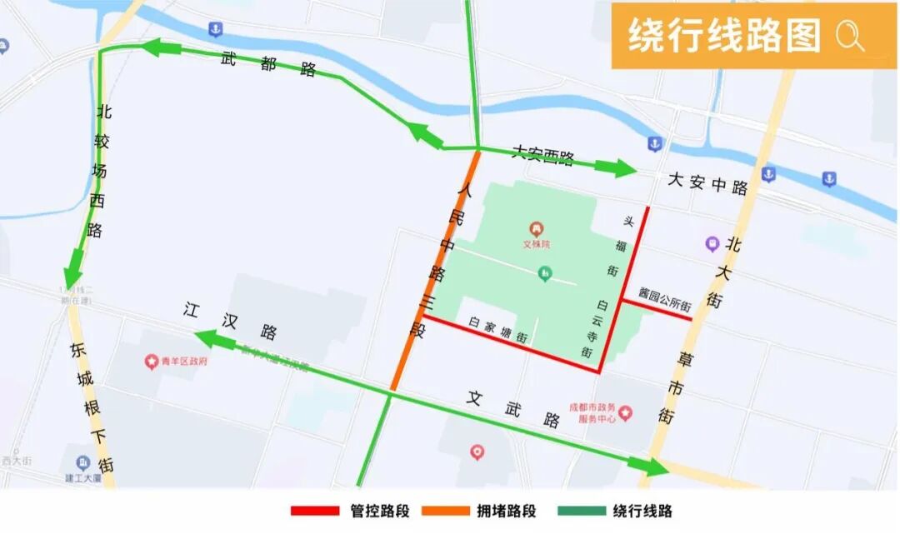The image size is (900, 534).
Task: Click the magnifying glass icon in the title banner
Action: (850, 37)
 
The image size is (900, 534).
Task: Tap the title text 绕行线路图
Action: (724, 37)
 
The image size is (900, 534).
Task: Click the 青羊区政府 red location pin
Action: (152, 362)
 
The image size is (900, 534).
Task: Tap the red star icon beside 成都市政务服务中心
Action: (625, 412)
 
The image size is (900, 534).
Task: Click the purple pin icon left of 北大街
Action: (712, 243)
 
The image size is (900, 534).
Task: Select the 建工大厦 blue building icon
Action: (82, 463)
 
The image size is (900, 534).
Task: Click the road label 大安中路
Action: (707, 185)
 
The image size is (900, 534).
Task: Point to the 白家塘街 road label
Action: (497, 329)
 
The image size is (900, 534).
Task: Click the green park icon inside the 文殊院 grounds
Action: (545, 272)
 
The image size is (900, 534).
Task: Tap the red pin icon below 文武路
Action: (477, 452)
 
